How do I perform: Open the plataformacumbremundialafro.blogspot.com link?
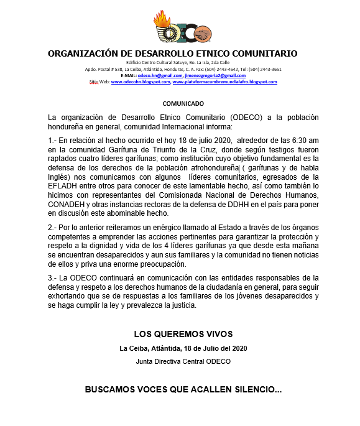pyautogui.click(x=224, y=81)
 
